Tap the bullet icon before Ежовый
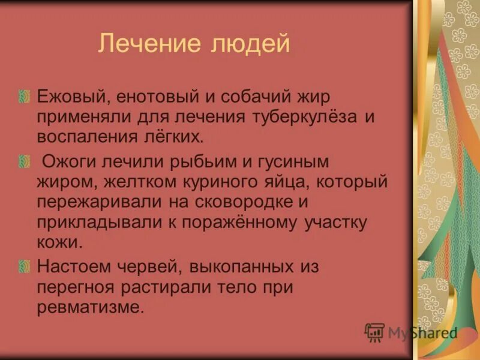pos(23,96)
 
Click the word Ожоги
pos(67,161)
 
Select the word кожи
pos(58,242)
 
